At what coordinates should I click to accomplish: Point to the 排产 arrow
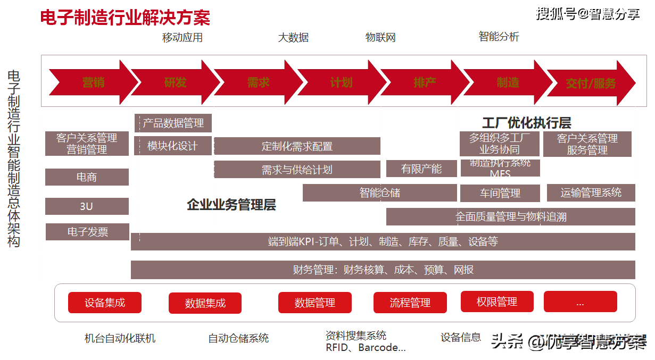tap(425, 82)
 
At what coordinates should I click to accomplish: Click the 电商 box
tap(87, 177)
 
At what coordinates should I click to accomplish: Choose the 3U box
tap(87, 206)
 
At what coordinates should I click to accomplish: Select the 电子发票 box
tap(87, 232)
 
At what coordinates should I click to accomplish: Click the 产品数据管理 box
tap(173, 123)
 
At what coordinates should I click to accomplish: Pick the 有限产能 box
tap(421, 169)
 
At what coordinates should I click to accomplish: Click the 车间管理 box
tap(500, 193)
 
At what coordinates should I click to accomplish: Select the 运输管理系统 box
tap(591, 192)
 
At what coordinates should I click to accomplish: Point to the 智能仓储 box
tap(379, 192)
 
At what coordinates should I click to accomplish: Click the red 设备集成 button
tap(105, 303)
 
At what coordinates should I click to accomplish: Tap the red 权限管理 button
tap(497, 302)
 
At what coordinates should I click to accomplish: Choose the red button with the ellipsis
tap(580, 302)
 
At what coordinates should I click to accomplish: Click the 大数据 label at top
tap(293, 38)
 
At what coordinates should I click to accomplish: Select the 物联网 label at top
tap(380, 38)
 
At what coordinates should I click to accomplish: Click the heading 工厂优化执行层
tap(526, 123)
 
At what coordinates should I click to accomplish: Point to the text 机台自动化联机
tap(120, 338)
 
